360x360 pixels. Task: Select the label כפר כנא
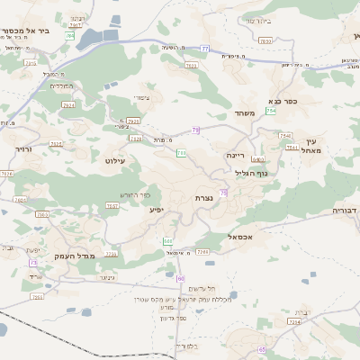pos(283,102)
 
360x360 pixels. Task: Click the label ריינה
pos(235,155)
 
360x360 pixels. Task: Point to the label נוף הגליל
pos(252,173)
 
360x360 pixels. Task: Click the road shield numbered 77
pos(205,48)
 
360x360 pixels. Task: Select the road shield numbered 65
pos(263,349)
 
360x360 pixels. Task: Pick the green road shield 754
pos(270,110)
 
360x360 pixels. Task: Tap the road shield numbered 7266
pos(202,252)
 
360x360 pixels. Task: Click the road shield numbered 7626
pos(8,174)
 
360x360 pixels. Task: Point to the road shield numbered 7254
pos(294,322)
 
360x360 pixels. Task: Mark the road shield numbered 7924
pos(68,105)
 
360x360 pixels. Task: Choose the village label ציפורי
pos(141,97)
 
